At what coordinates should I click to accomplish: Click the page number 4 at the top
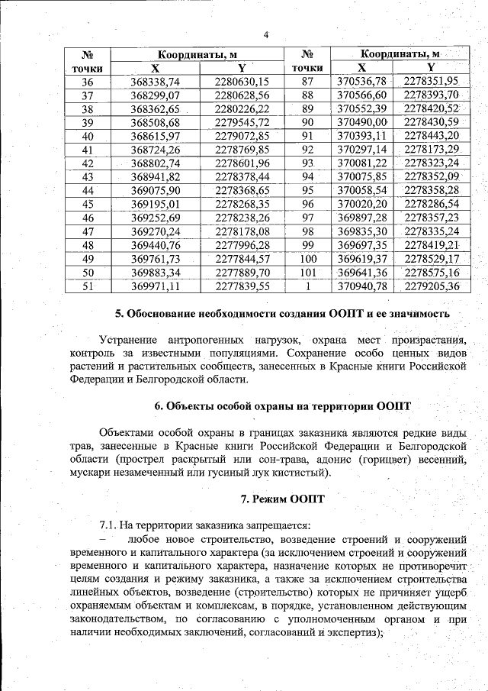pos(266,34)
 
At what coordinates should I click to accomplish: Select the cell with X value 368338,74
pos(155,81)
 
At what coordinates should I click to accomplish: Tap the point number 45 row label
pos(87,204)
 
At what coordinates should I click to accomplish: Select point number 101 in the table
pos(308,272)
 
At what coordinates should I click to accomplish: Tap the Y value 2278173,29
pos(432,149)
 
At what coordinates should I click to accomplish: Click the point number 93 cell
pos(308,163)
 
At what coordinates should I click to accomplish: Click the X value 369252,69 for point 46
pos(155,218)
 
